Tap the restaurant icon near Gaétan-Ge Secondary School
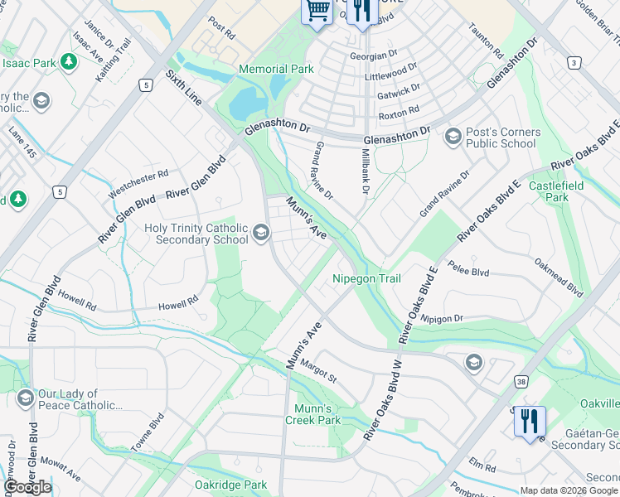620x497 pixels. click(530, 421)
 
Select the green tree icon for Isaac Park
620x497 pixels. click(68, 62)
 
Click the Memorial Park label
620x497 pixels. click(276, 69)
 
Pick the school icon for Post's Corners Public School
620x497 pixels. click(453, 137)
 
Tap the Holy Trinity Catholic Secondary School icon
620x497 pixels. click(261, 233)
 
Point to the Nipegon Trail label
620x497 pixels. click(367, 278)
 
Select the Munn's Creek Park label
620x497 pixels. click(317, 414)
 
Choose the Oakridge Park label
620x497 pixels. click(230, 485)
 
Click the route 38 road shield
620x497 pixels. click(521, 382)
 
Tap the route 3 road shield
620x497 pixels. click(573, 63)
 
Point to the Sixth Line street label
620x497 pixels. click(183, 88)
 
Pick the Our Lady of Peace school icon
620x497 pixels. click(24, 399)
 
